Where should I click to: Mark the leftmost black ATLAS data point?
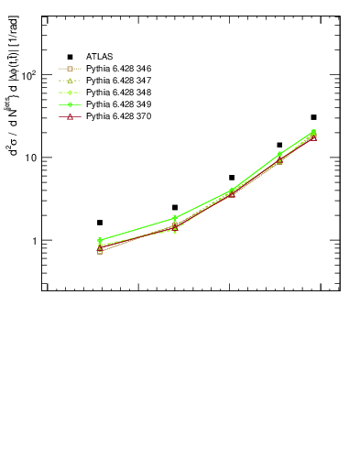tap(100, 223)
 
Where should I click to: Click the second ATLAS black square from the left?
tap(175, 207)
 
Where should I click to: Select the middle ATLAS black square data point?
tap(232, 178)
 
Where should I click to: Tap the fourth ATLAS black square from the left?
tap(279, 145)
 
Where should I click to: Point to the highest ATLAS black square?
tap(313, 117)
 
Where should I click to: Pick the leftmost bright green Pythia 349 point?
tap(100, 241)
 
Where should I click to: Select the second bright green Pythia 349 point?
tap(175, 218)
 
